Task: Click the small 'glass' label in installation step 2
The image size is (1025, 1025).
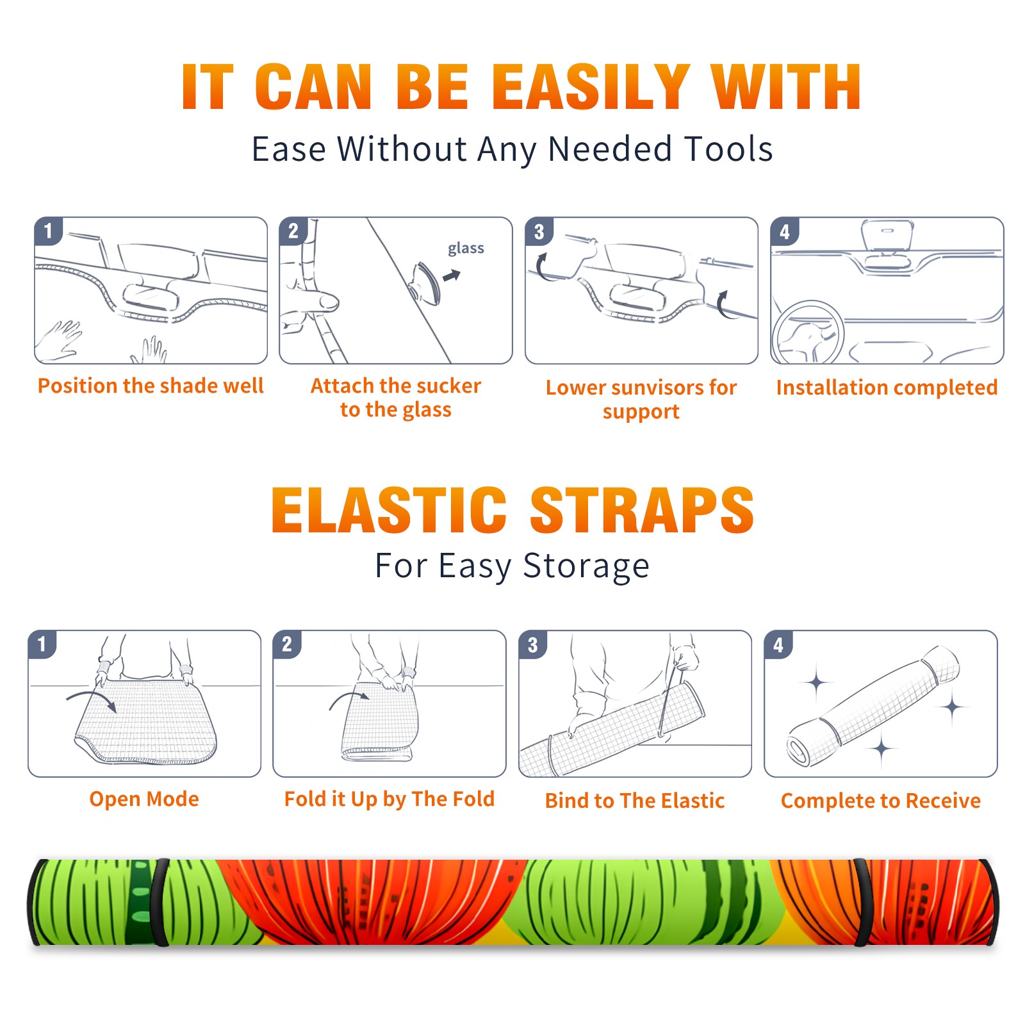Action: [466, 249]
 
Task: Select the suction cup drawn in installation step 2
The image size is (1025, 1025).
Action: [426, 283]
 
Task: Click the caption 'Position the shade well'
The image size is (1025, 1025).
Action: [151, 386]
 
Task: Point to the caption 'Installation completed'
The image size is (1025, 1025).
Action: [887, 387]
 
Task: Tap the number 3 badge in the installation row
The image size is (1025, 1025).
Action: [539, 231]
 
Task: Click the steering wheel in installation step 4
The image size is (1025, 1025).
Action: [808, 333]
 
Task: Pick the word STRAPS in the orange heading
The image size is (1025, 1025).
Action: [642, 510]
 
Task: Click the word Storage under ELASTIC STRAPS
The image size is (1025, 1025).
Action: [586, 566]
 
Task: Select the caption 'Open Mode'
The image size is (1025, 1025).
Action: [144, 799]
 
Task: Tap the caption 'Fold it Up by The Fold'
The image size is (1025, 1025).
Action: [389, 799]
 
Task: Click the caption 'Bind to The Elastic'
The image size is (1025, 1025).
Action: [635, 801]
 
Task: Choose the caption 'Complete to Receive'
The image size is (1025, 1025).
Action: [881, 801]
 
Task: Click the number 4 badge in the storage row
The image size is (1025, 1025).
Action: [778, 644]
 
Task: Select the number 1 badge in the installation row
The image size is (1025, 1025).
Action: [48, 230]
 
